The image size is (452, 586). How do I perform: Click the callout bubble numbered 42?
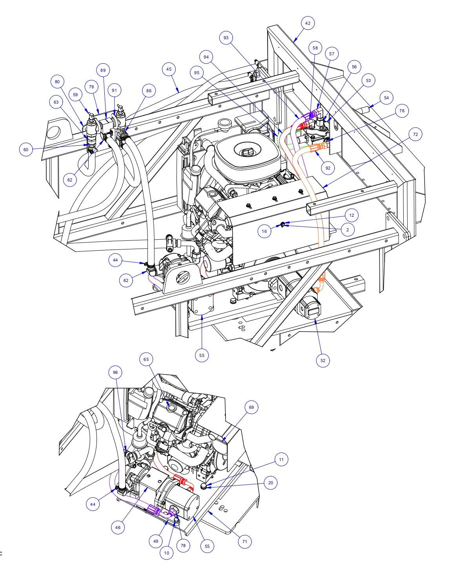pyautogui.click(x=308, y=24)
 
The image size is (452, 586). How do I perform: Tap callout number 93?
pyautogui.click(x=226, y=38)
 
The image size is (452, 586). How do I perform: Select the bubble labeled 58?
pyautogui.click(x=315, y=48)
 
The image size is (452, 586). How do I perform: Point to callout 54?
pyautogui.click(x=386, y=97)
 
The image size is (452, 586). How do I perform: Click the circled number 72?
pyautogui.click(x=415, y=134)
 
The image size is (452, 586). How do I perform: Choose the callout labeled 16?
pyautogui.click(x=264, y=231)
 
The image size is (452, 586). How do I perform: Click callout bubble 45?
pyautogui.click(x=169, y=69)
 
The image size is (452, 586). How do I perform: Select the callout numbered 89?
pyautogui.click(x=103, y=70)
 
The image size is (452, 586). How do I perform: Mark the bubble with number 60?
pyautogui.click(x=26, y=149)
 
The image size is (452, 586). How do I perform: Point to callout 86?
pyautogui.click(x=148, y=91)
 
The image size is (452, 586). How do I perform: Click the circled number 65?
pyautogui.click(x=146, y=359)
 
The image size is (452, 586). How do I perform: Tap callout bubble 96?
pyautogui.click(x=115, y=372)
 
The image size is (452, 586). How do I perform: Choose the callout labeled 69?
pyautogui.click(x=252, y=407)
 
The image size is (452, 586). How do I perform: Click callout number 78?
pyautogui.click(x=183, y=546)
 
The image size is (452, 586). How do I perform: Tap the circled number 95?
pyautogui.click(x=197, y=73)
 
